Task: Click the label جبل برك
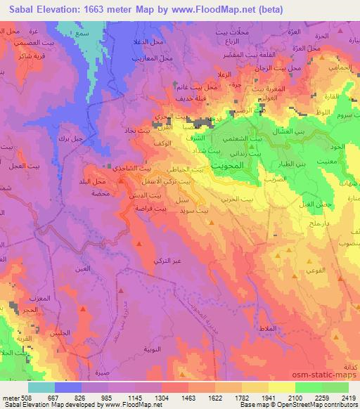(70, 138)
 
